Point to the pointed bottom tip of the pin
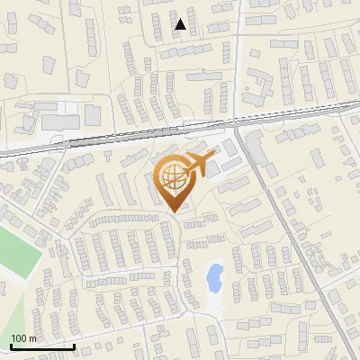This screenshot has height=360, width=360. [x=176, y=212]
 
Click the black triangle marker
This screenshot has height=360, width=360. [x=181, y=24]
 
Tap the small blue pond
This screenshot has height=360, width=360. [x=215, y=277]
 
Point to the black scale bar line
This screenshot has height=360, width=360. [x=42, y=347]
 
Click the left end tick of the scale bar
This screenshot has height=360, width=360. [x=11, y=346]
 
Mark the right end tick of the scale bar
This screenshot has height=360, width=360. [x=74, y=346]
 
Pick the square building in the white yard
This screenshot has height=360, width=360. [x=93, y=115]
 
